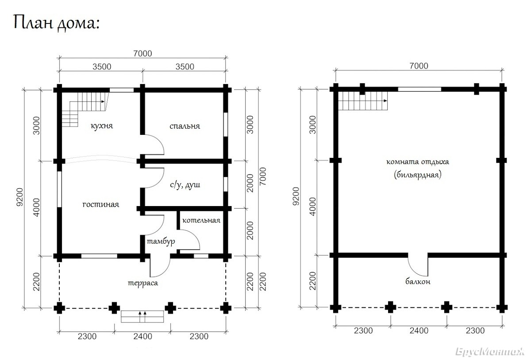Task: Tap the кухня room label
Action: [102, 126]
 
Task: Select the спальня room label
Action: [185, 126]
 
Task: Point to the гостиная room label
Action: [101, 204]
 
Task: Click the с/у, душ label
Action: [185, 184]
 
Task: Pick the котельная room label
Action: [201, 220]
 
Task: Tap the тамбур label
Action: [161, 242]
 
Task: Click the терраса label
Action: [142, 283]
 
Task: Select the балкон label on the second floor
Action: [418, 282]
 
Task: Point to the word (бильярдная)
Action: [418, 175]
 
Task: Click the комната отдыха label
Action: [418, 162]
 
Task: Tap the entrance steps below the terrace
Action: [142, 316]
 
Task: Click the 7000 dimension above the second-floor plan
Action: [419, 66]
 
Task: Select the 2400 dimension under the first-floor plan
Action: [142, 336]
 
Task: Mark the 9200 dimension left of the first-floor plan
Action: [20, 197]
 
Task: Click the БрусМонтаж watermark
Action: [490, 352]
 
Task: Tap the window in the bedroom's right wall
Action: [226, 124]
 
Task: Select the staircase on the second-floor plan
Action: [363, 101]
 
